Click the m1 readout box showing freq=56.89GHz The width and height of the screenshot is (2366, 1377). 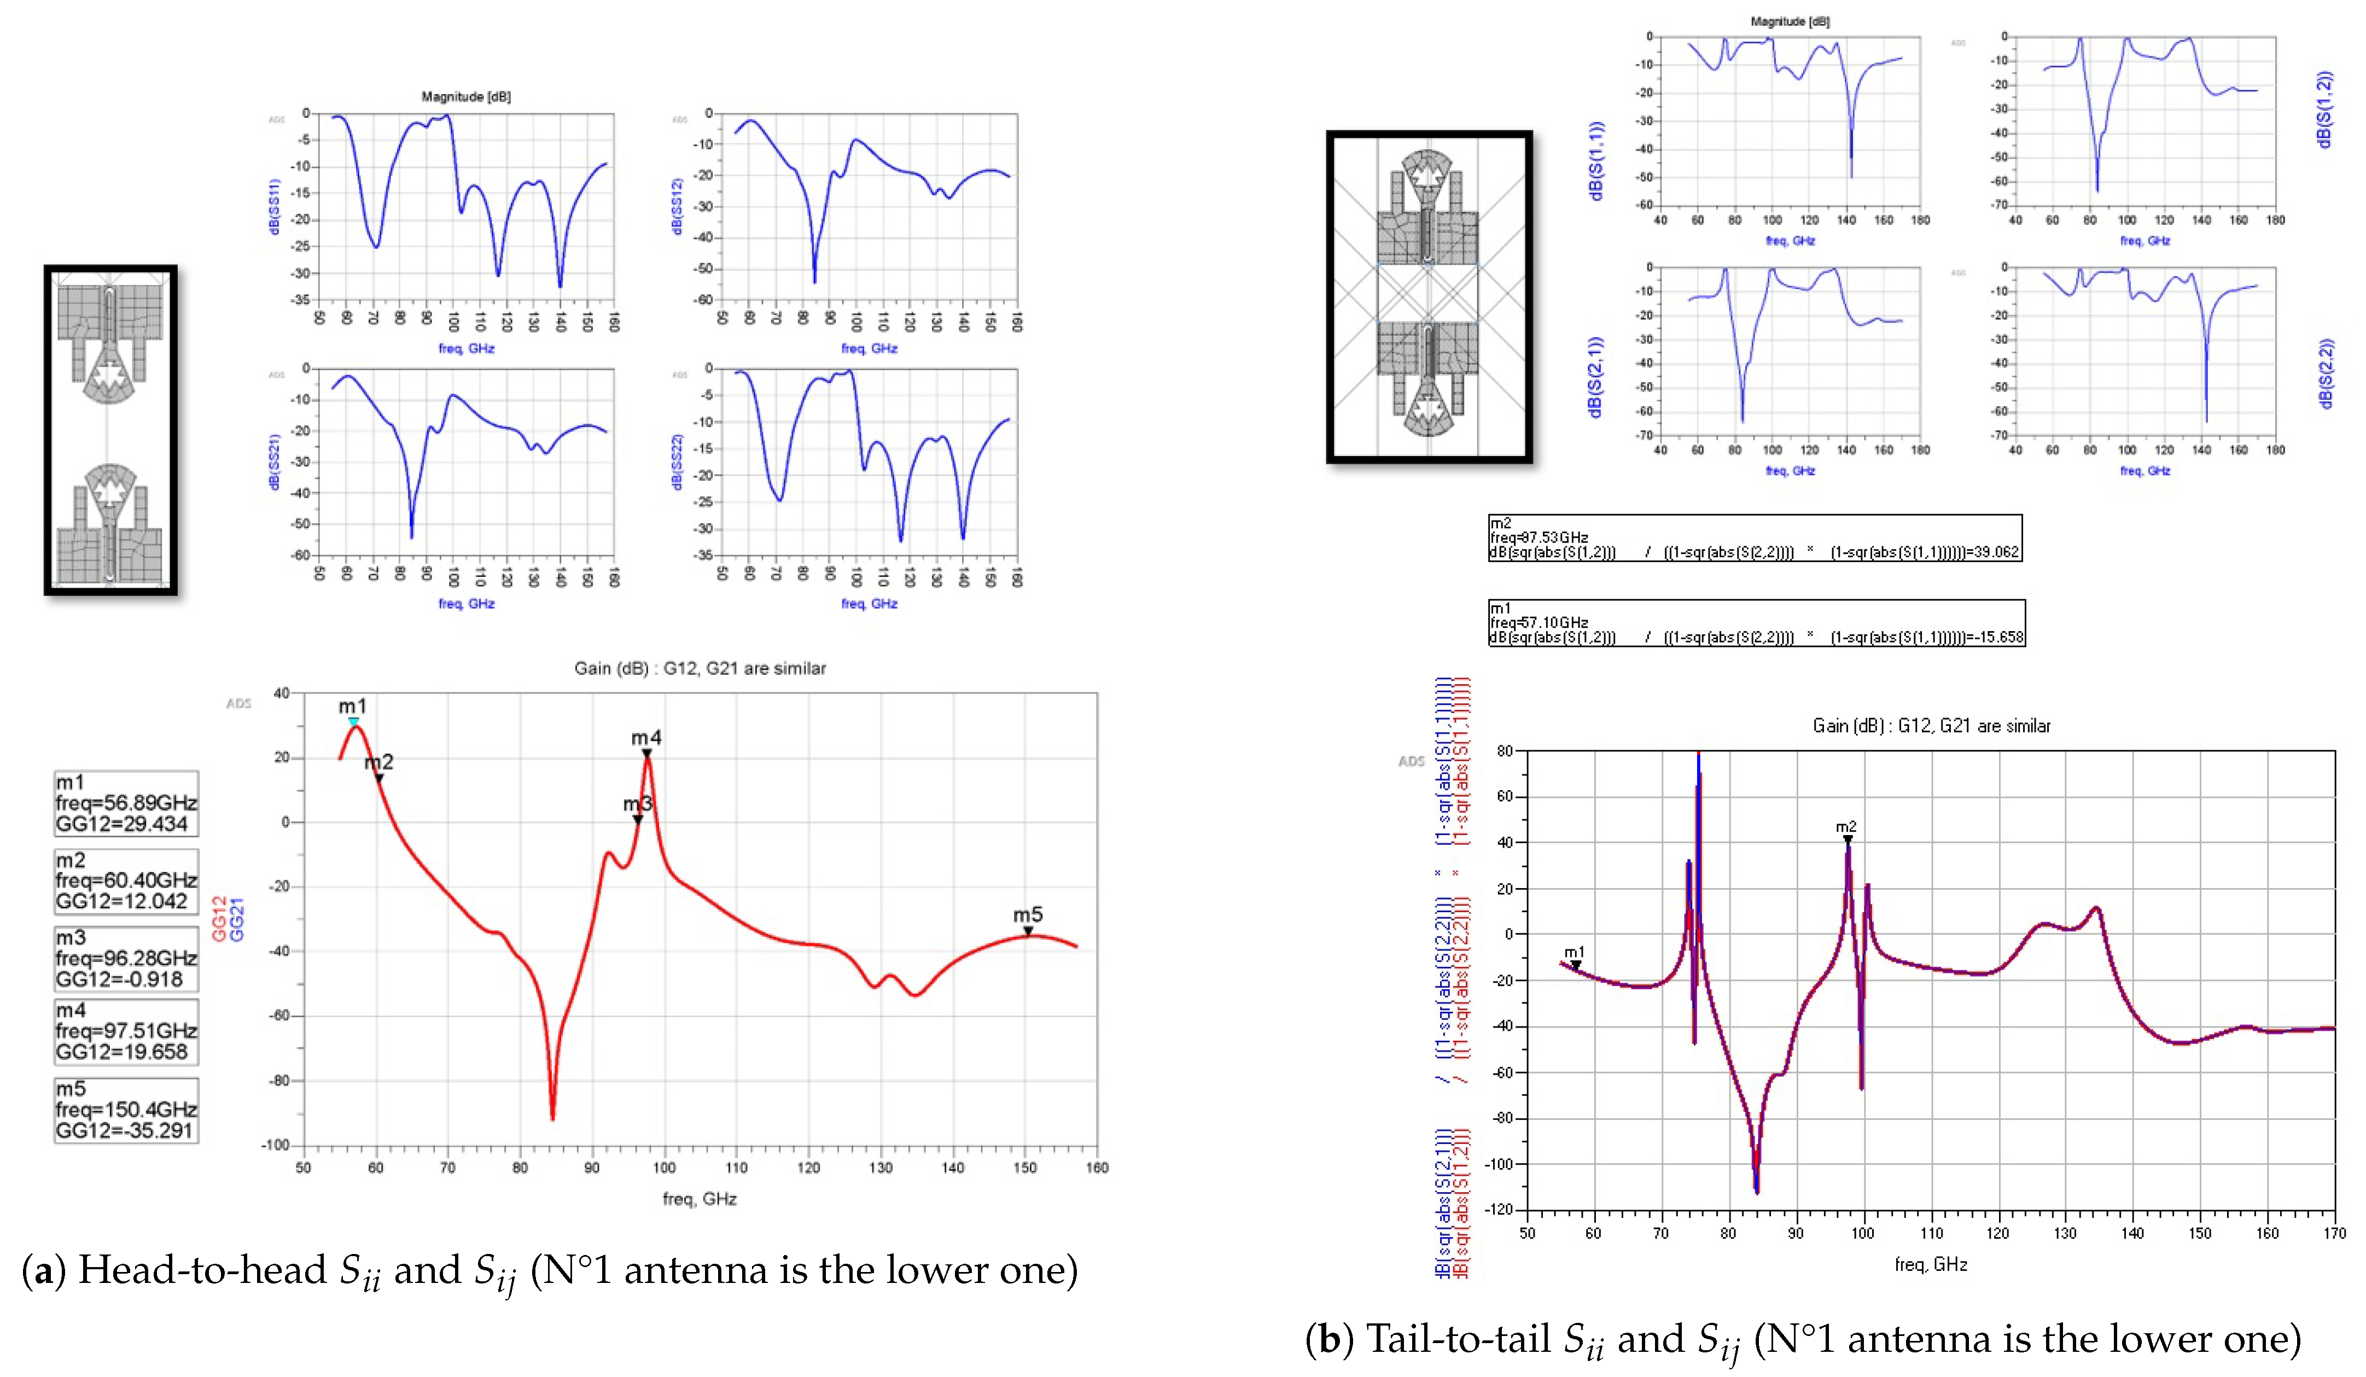coord(126,803)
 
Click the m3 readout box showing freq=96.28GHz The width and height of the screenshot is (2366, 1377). coord(126,958)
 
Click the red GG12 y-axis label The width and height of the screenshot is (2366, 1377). coord(219,918)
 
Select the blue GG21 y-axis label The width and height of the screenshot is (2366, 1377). coord(237,918)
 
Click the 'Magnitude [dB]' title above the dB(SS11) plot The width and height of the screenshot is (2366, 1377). coord(465,97)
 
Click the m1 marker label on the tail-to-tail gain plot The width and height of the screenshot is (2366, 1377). coord(1575,953)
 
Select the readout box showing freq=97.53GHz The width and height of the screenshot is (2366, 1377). coord(1754,538)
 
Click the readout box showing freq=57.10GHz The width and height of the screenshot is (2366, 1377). coord(1756,623)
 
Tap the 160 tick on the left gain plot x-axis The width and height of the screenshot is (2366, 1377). coord(1097,1168)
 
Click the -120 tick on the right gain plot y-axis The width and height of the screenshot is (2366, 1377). coord(1499,1210)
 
